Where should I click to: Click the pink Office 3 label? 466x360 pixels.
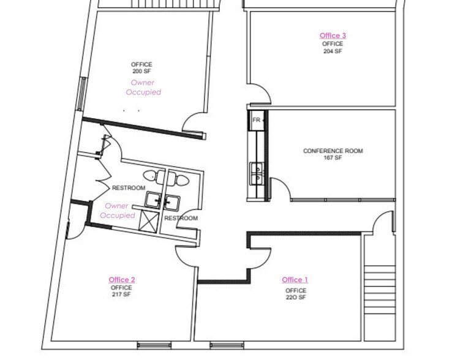coord(333,36)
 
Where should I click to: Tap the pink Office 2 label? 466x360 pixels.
coord(122,280)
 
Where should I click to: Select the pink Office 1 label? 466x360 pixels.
coord(295,280)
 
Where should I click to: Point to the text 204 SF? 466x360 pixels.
coord(333,51)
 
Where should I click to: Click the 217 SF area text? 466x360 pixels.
coord(121,295)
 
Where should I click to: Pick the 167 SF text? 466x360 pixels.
coord(333,158)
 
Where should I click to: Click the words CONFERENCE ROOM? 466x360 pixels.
coord(333,151)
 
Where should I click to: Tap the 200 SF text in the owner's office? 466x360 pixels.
coord(141,72)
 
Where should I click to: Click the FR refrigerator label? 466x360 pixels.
coord(256,120)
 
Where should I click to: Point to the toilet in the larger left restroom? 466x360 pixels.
coord(160,178)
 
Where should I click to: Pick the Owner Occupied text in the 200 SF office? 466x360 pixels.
coord(143,88)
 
